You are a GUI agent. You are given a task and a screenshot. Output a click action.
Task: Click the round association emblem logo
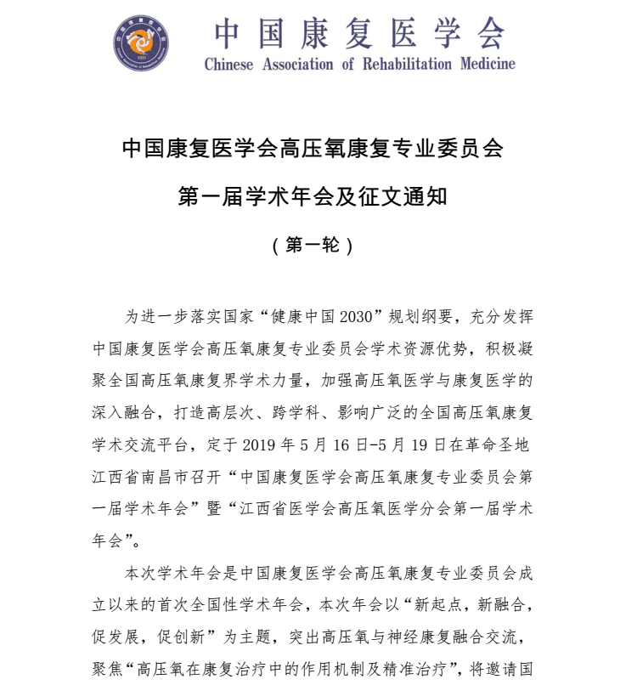(x=141, y=44)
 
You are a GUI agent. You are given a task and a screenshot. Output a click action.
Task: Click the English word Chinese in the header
(x=228, y=65)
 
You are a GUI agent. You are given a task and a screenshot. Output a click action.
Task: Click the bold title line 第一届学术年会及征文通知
(x=313, y=197)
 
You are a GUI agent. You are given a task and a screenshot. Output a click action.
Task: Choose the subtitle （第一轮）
(x=312, y=246)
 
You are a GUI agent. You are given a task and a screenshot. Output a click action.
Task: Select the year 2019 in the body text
(x=261, y=444)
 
